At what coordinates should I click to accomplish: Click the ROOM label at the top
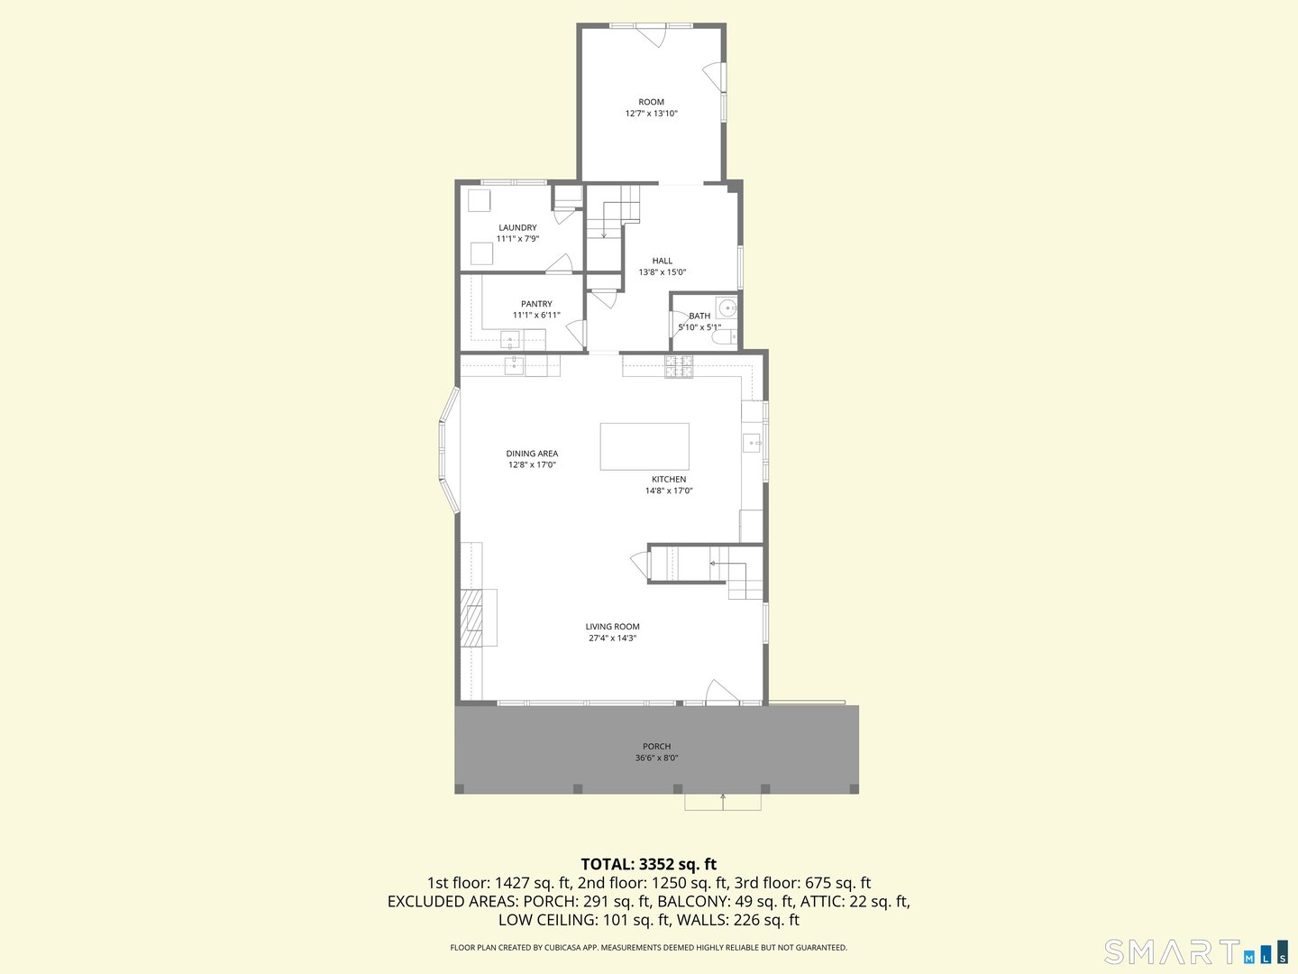click(x=651, y=102)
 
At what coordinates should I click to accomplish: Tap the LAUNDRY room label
click(x=517, y=228)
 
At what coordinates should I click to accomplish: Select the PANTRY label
click(x=536, y=304)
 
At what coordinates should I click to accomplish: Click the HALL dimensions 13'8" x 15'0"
click(x=663, y=272)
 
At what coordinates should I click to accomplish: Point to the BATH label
click(x=699, y=316)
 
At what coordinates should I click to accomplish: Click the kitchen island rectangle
click(x=644, y=446)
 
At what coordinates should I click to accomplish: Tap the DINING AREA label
click(x=532, y=454)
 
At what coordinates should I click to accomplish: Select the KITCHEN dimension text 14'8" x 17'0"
click(x=669, y=492)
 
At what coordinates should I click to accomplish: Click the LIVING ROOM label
click(x=612, y=627)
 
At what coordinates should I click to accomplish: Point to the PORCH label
click(x=656, y=747)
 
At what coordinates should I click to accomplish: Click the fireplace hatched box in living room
click(x=471, y=618)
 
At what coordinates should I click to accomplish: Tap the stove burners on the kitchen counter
click(x=679, y=366)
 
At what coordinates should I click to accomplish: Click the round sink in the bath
click(x=726, y=305)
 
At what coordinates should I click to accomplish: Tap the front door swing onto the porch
click(x=721, y=692)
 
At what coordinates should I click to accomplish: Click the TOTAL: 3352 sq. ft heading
click(x=648, y=864)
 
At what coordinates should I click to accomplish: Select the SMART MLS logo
click(x=1195, y=952)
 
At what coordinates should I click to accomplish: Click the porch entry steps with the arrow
click(x=722, y=802)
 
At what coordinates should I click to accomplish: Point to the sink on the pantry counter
click(x=510, y=341)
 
